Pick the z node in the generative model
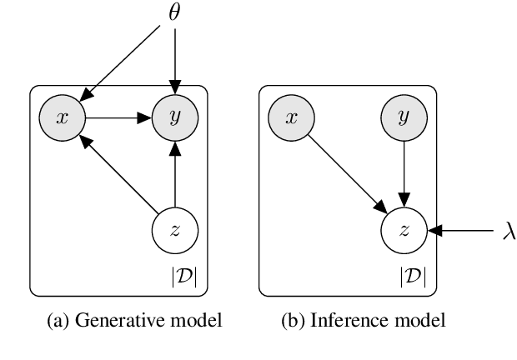(175, 230)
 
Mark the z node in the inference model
(404, 230)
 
